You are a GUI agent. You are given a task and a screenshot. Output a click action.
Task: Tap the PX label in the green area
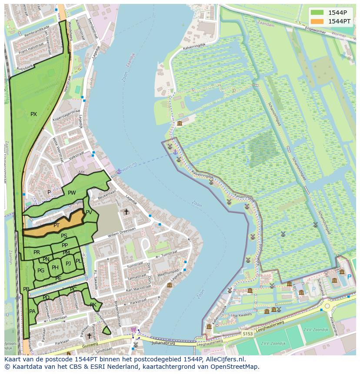click(33, 114)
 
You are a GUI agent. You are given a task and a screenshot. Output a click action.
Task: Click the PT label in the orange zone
click(57, 225)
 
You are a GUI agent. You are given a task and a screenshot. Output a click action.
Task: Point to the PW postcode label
click(72, 193)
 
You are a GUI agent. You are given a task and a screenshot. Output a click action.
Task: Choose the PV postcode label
click(89, 212)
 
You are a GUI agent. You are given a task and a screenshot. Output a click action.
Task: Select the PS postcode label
click(64, 236)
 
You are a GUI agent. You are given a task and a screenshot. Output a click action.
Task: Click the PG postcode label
click(41, 271)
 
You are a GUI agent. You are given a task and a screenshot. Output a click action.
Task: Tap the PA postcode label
click(32, 311)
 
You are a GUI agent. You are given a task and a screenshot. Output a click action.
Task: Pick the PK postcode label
click(93, 305)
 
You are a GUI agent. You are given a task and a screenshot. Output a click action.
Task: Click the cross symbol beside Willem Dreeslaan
click(126, 212)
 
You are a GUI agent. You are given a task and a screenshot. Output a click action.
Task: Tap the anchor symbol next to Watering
click(119, 171)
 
